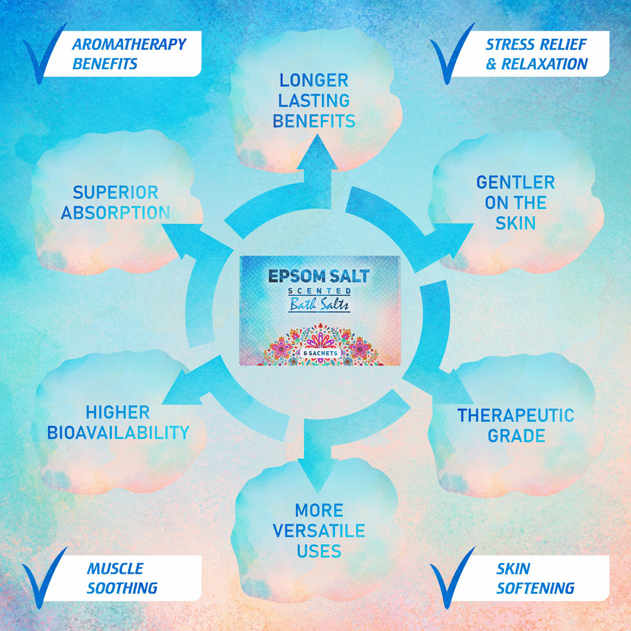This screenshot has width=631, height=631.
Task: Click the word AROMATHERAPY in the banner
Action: [x=129, y=44]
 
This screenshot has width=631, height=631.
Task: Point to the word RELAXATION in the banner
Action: [x=544, y=63]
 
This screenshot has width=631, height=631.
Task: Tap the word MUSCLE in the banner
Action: [x=115, y=568]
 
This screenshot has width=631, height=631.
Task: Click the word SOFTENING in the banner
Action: [x=535, y=588]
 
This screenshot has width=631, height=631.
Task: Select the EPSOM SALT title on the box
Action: [x=319, y=275]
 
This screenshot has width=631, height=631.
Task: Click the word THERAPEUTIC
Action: [x=515, y=415]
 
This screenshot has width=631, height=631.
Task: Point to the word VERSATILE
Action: [x=319, y=531]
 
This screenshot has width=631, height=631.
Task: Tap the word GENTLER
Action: [x=515, y=182]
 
